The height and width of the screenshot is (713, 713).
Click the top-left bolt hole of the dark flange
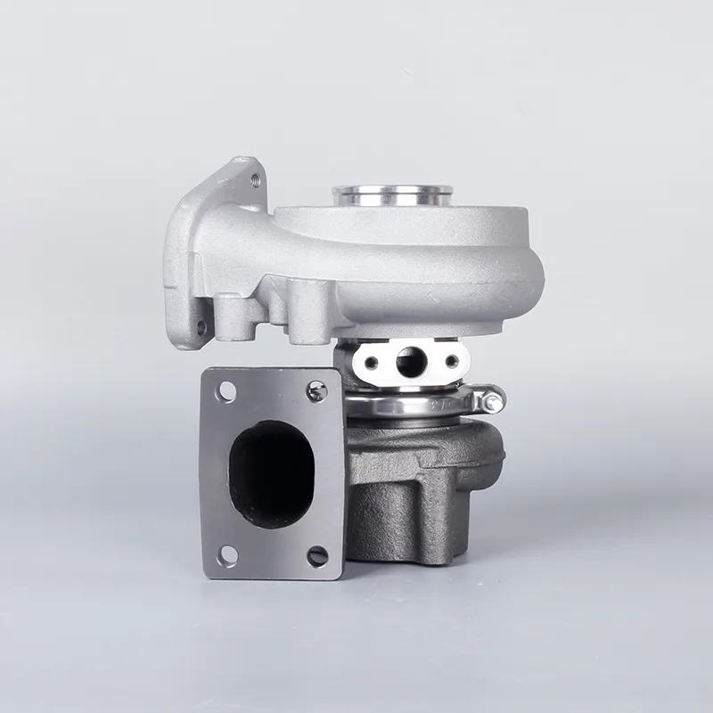pyautogui.click(x=225, y=390)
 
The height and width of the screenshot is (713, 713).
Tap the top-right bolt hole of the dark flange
pyautogui.click(x=316, y=389)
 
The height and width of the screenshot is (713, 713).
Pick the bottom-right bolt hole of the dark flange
pyautogui.click(x=316, y=556)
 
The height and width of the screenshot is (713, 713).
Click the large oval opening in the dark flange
pyautogui.click(x=271, y=473)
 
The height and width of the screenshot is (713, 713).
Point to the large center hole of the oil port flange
pyautogui.click(x=411, y=361)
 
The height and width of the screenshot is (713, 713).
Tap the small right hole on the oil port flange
pyautogui.click(x=452, y=362)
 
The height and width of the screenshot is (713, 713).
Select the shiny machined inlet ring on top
pyautogui.click(x=392, y=195)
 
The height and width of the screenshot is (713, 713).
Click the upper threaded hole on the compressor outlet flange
pyautogui.click(x=257, y=179)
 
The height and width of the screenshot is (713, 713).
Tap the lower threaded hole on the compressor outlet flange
pyautogui.click(x=201, y=328)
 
